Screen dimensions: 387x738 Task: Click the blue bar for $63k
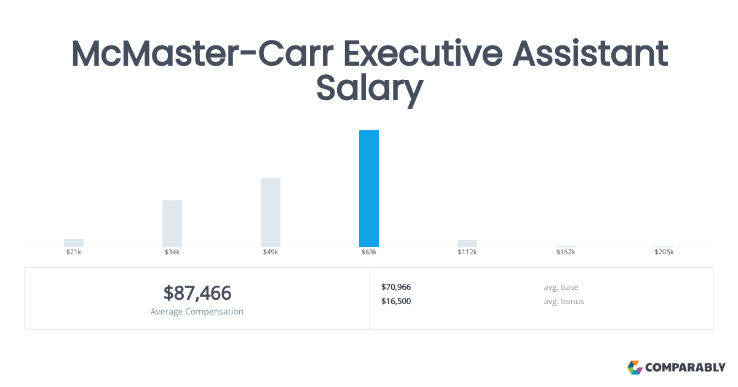[369, 189]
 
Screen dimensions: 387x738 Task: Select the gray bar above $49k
[271, 213]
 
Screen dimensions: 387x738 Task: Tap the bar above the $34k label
[172, 224]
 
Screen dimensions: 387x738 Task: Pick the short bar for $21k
[74, 243]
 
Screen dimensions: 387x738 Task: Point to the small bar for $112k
[467, 243]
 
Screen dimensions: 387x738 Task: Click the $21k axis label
[74, 252]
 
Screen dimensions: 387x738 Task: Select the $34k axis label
[172, 252]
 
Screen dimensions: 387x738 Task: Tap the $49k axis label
[271, 252]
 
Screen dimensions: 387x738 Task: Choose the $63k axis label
[369, 252]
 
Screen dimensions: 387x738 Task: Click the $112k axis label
[467, 252]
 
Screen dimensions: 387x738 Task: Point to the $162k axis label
[566, 252]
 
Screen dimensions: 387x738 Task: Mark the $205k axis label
[664, 252]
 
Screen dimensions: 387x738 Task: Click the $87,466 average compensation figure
[197, 292]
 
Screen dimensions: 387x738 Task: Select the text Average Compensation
[197, 311]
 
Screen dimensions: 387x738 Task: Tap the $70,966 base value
[396, 287]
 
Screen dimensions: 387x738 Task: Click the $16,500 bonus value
[396, 301]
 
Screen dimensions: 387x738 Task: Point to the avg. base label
[561, 287]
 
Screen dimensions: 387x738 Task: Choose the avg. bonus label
[564, 301]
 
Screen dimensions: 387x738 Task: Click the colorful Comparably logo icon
[635, 367]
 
